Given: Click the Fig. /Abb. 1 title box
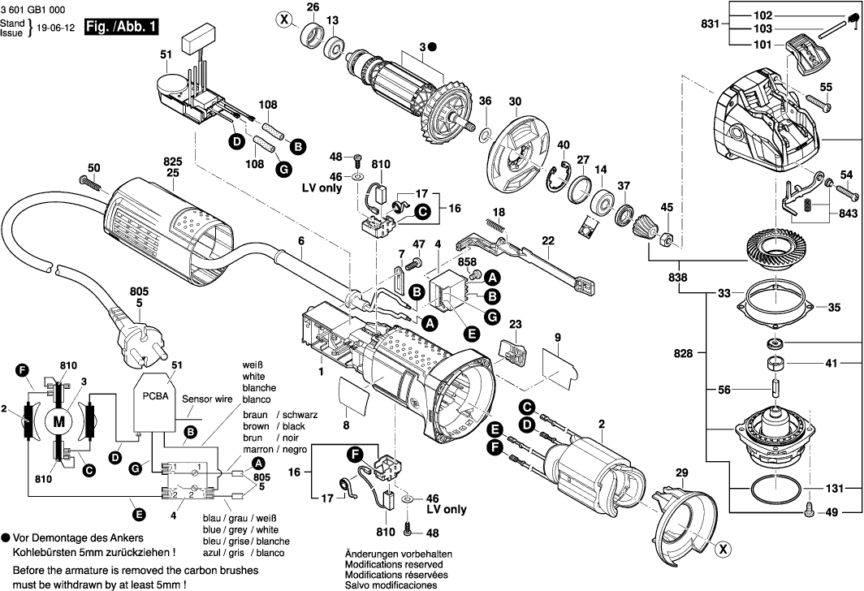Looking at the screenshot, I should click(122, 26).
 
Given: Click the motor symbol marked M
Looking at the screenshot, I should click(58, 421).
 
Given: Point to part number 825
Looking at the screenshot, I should click(172, 160).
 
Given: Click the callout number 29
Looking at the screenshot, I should click(681, 472).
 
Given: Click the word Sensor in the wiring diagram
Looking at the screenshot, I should click(197, 400).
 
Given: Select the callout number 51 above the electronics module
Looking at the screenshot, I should click(166, 55).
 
